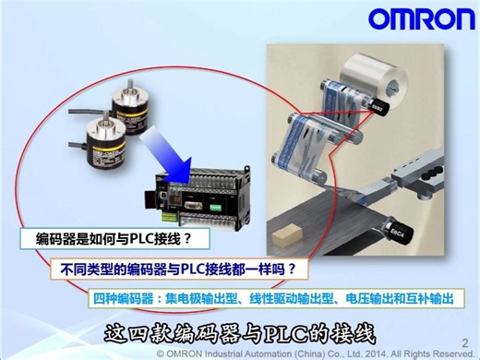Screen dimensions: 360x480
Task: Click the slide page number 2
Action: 463,341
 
